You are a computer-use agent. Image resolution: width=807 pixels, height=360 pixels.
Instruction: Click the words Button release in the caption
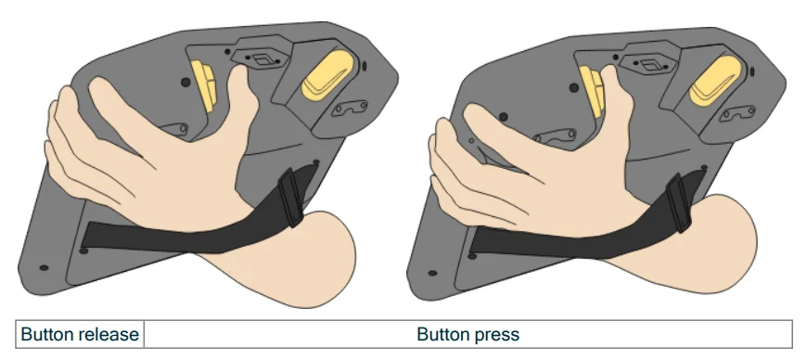click(x=80, y=335)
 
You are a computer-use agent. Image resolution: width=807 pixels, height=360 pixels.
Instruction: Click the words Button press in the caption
click(x=468, y=335)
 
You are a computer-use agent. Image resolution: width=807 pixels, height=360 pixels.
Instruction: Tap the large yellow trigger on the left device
click(x=327, y=75)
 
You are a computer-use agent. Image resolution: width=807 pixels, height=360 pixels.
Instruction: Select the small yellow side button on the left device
click(x=203, y=84)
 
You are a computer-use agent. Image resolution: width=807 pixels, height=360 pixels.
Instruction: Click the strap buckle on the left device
click(x=290, y=198)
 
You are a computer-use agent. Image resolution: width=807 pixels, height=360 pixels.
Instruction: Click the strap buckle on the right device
click(x=678, y=203)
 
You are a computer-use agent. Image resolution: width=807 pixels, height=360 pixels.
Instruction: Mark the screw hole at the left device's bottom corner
click(x=44, y=268)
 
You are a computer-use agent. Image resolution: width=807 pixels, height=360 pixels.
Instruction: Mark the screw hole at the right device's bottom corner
click(x=432, y=273)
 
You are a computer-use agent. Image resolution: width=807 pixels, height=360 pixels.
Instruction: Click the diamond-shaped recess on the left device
click(x=260, y=59)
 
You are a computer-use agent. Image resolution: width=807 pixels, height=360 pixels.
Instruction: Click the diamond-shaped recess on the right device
click(x=648, y=65)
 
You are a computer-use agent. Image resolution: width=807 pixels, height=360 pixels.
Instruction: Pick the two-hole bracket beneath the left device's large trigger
click(x=349, y=109)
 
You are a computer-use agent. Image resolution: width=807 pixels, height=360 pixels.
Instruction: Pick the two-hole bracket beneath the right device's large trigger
click(x=737, y=113)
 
